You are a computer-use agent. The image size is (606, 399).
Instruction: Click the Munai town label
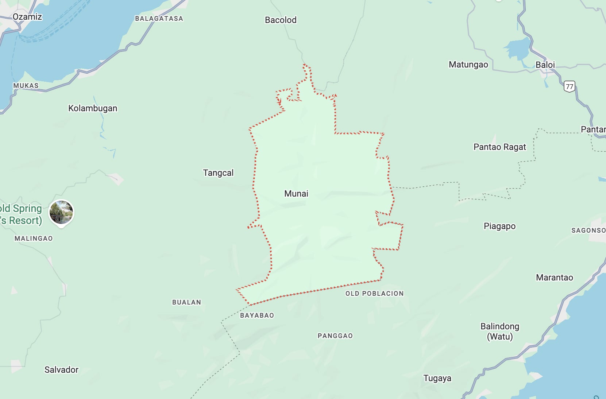(296, 194)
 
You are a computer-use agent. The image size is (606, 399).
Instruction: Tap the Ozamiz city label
(27, 17)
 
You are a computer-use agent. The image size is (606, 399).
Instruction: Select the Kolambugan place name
(93, 108)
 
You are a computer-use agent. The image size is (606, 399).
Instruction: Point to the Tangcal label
(218, 173)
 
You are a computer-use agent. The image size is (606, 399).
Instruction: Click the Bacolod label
(281, 20)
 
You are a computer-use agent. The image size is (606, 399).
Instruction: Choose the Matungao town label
(468, 65)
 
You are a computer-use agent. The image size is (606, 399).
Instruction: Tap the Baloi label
(545, 65)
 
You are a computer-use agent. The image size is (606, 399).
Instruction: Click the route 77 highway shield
(569, 86)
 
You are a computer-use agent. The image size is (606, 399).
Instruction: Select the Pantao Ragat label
(499, 147)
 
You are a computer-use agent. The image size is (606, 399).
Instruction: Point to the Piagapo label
(499, 226)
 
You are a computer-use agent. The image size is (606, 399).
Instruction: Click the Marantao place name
(554, 278)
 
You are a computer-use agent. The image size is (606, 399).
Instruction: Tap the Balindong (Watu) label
(499, 331)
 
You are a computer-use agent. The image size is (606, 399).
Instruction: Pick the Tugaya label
(437, 378)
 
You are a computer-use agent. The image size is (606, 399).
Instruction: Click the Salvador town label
(61, 370)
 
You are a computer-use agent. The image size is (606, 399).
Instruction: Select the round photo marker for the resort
(61, 212)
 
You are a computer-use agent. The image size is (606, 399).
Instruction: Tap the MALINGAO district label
(34, 239)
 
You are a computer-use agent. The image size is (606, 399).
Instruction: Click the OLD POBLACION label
(374, 294)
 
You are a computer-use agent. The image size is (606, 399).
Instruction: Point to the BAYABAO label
(257, 315)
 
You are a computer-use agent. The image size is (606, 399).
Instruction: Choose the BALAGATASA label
(159, 19)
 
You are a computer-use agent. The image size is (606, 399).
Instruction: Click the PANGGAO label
(335, 336)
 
